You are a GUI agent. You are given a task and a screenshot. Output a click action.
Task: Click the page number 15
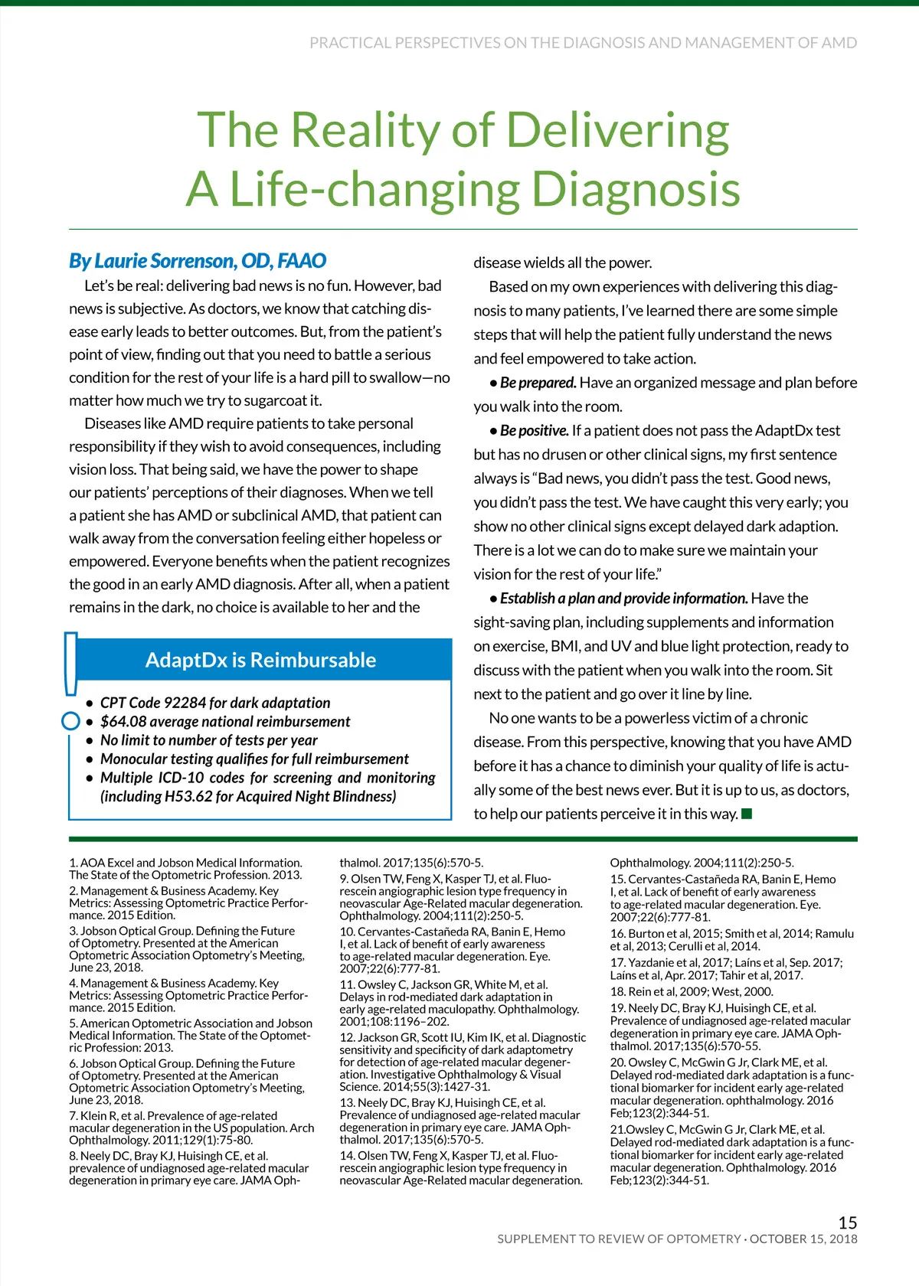pos(847,1222)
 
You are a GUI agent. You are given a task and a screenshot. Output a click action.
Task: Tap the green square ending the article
pos(747,813)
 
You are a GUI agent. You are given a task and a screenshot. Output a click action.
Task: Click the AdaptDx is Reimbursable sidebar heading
pos(260,660)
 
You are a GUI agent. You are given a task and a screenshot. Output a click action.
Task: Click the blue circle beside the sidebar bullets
pos(70,720)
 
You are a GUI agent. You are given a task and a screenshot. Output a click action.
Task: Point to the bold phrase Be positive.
pos(534,431)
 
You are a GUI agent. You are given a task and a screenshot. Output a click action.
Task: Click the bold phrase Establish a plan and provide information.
pos(623,599)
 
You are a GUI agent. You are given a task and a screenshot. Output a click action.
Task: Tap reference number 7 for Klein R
pos(74,1116)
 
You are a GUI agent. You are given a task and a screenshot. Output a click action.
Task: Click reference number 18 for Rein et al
pos(617,991)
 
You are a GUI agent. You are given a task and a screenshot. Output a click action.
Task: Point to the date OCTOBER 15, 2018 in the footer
pos(803,1239)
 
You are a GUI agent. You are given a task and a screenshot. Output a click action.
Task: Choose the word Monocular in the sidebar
pos(134,759)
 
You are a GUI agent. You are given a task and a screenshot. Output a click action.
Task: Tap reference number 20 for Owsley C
pos(618,1062)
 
